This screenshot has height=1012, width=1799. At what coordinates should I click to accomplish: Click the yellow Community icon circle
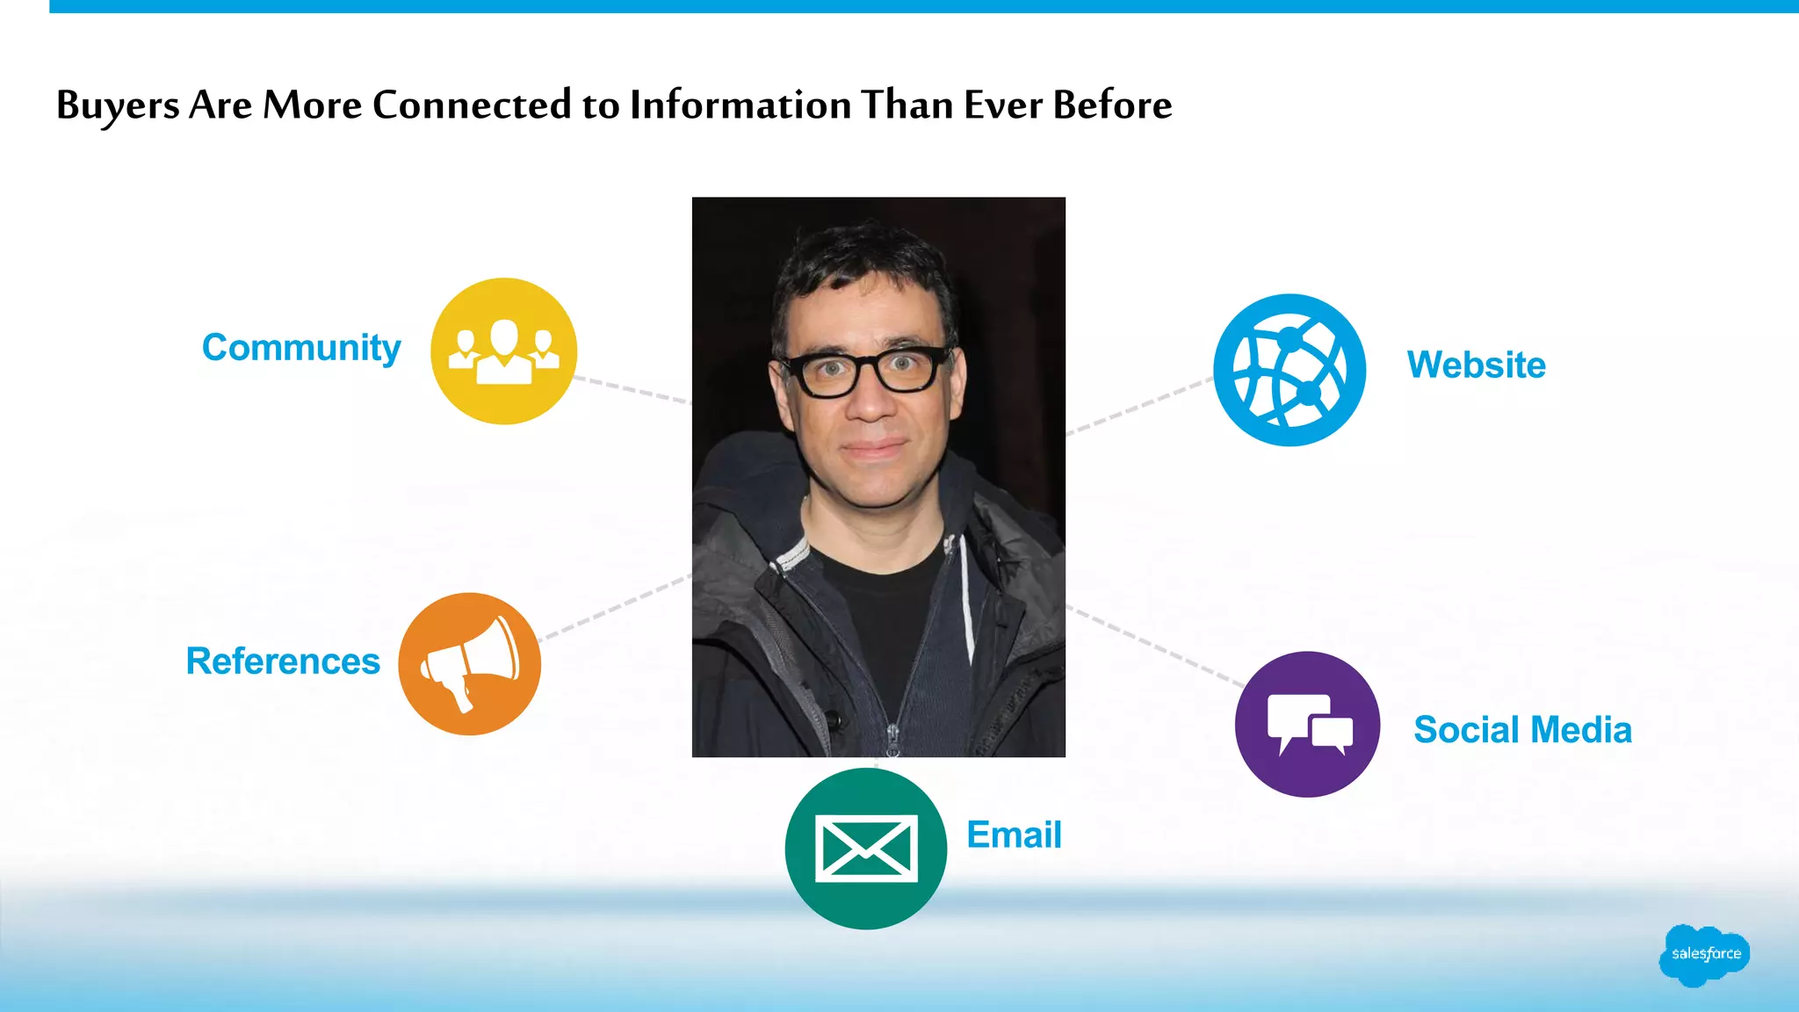point(503,351)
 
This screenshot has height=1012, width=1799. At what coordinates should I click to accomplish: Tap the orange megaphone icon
point(469,664)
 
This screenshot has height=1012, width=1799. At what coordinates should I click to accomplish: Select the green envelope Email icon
point(865,849)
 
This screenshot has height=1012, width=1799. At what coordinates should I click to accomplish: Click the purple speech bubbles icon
point(1307,725)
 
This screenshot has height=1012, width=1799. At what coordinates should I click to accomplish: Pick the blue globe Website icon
point(1290,370)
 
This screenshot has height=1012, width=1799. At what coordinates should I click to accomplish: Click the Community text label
point(301,348)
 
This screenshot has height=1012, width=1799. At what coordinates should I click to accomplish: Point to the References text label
point(283,661)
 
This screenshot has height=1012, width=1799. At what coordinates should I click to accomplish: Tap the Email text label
point(1014,835)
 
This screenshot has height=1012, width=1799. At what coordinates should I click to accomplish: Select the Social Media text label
point(1522,730)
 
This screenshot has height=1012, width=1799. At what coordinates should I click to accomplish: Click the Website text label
point(1476,365)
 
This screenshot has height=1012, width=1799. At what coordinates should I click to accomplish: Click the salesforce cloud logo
point(1704,954)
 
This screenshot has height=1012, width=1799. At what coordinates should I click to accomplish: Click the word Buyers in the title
point(118,105)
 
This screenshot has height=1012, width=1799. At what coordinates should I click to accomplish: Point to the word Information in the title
point(741,105)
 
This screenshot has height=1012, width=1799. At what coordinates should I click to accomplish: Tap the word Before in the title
point(1112,105)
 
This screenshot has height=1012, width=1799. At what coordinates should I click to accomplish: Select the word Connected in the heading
point(472,105)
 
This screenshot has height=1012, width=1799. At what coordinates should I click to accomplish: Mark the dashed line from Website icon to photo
point(1139,406)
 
